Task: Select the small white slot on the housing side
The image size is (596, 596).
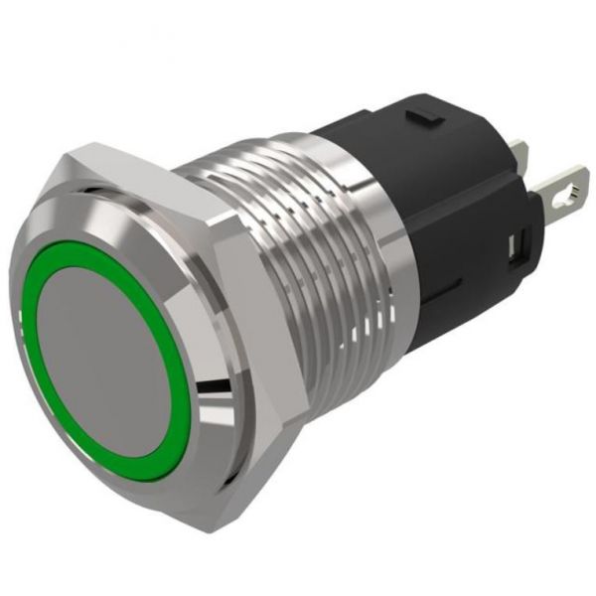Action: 515,244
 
